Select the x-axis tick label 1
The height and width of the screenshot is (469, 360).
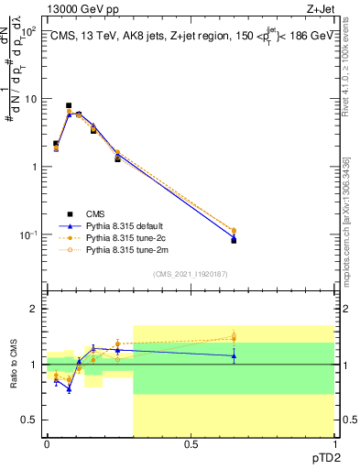(x=333, y=444)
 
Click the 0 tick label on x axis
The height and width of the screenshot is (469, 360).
(x=47, y=444)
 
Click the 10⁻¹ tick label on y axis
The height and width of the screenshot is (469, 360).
(x=27, y=235)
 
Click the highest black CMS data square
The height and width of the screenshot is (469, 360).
(x=69, y=106)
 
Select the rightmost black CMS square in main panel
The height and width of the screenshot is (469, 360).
(x=234, y=240)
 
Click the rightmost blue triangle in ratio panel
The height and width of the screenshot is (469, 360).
(x=234, y=355)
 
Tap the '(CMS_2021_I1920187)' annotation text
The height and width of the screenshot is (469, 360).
(x=190, y=273)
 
